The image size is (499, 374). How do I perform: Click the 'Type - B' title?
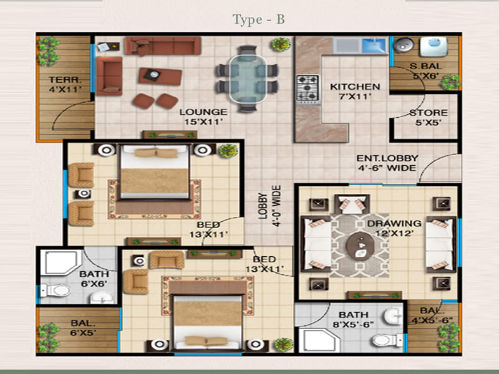tap(258, 20)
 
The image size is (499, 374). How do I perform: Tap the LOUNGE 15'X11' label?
tap(203, 117)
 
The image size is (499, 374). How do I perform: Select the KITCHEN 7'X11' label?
tap(355, 91)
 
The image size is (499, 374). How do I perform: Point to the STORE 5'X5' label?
tap(429, 117)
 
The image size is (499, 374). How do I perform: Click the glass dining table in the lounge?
tap(248, 79)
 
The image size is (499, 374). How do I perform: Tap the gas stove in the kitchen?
tap(308, 89)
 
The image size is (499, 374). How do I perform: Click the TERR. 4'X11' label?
tap(65, 84)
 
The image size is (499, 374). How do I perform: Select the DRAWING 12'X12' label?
tap(394, 228)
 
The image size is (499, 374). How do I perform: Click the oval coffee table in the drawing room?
tap(361, 246)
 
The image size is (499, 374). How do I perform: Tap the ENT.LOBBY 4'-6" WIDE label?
tap(387, 163)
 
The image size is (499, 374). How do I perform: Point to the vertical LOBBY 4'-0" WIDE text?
tap(269, 206)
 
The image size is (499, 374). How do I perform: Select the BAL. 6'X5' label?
tap(83, 328)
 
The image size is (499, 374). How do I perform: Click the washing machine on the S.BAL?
tap(434, 47)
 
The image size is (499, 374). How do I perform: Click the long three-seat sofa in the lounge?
tap(163, 46)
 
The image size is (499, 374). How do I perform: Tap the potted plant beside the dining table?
tap(281, 44)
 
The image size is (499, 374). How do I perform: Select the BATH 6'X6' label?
tap(94, 279)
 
